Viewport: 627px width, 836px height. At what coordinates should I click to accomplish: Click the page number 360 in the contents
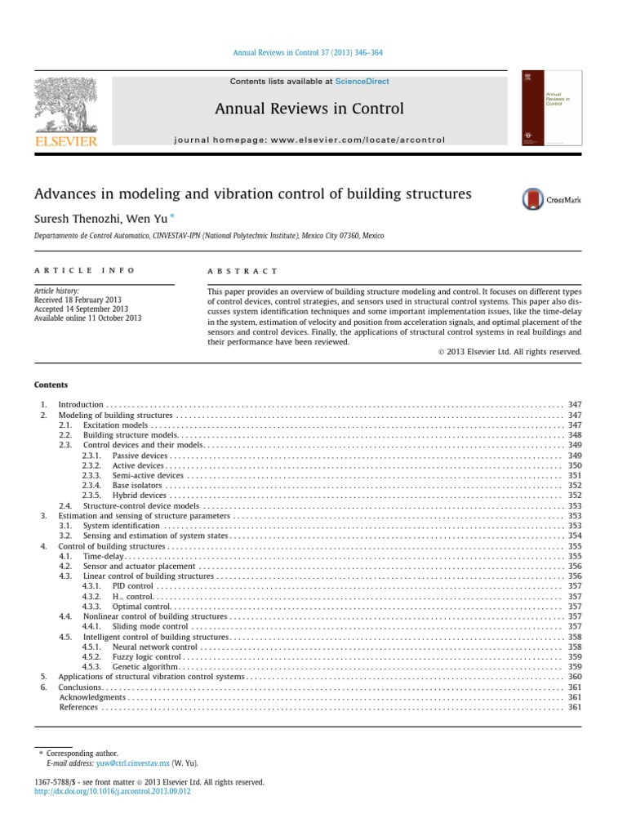574,677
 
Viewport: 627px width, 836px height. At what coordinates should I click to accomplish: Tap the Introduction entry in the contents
81,404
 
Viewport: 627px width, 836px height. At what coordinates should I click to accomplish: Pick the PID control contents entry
132,586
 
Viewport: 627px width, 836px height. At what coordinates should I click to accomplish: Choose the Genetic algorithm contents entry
145,667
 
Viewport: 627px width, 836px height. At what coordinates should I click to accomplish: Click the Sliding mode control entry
150,626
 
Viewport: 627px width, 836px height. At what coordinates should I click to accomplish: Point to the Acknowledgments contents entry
93,697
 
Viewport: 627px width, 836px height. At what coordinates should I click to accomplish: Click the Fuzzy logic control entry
147,656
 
